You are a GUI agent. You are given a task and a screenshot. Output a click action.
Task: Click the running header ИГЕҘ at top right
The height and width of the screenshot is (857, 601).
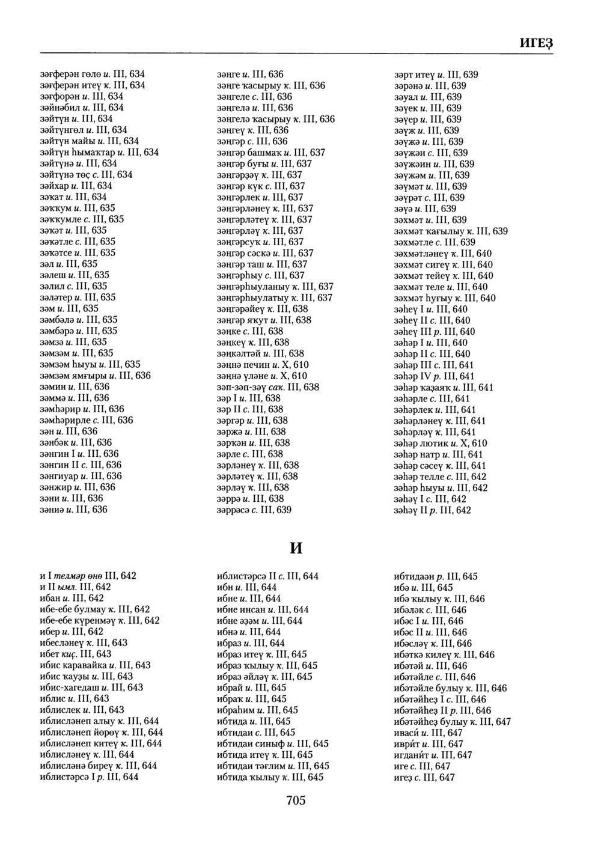[x=535, y=44]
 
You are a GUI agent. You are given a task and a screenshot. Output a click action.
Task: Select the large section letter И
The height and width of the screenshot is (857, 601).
[x=296, y=548]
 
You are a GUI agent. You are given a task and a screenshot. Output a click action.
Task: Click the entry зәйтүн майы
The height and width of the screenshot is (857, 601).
[x=89, y=141]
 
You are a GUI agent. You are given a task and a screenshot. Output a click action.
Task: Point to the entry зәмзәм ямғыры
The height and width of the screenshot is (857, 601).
[x=95, y=375]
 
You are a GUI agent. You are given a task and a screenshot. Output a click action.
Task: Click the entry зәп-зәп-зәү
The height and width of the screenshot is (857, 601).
[x=268, y=387]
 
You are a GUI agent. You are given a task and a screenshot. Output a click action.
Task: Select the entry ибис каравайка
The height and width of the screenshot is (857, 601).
[x=95, y=665]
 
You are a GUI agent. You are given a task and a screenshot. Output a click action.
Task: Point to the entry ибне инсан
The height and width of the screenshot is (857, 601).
[x=263, y=609]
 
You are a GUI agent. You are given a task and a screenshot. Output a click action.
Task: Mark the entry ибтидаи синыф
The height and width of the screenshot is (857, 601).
[x=273, y=743]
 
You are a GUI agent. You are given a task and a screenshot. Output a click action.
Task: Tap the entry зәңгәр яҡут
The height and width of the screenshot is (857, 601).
[x=264, y=320]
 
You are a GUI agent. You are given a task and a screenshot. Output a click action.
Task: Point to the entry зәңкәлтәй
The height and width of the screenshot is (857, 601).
[x=260, y=353]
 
